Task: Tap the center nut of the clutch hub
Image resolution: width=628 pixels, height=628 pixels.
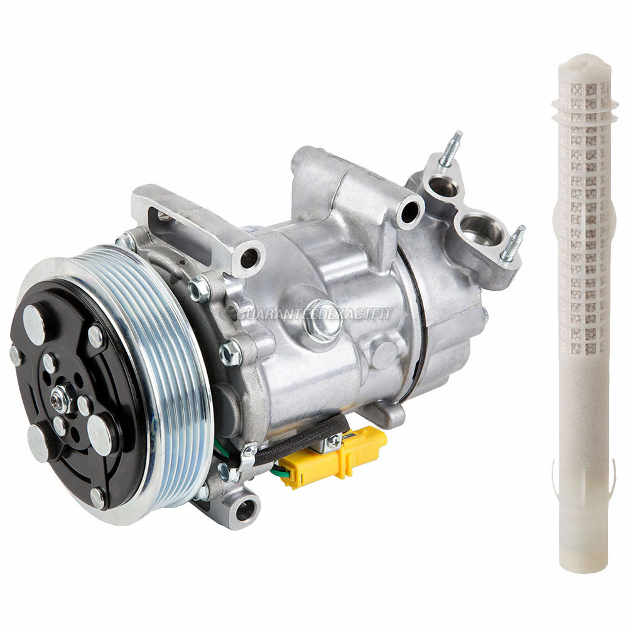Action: tap(62, 394)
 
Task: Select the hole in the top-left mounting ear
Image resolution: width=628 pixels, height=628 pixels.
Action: tap(249, 255)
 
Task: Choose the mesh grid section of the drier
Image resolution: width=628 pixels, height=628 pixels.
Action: tap(584, 220)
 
